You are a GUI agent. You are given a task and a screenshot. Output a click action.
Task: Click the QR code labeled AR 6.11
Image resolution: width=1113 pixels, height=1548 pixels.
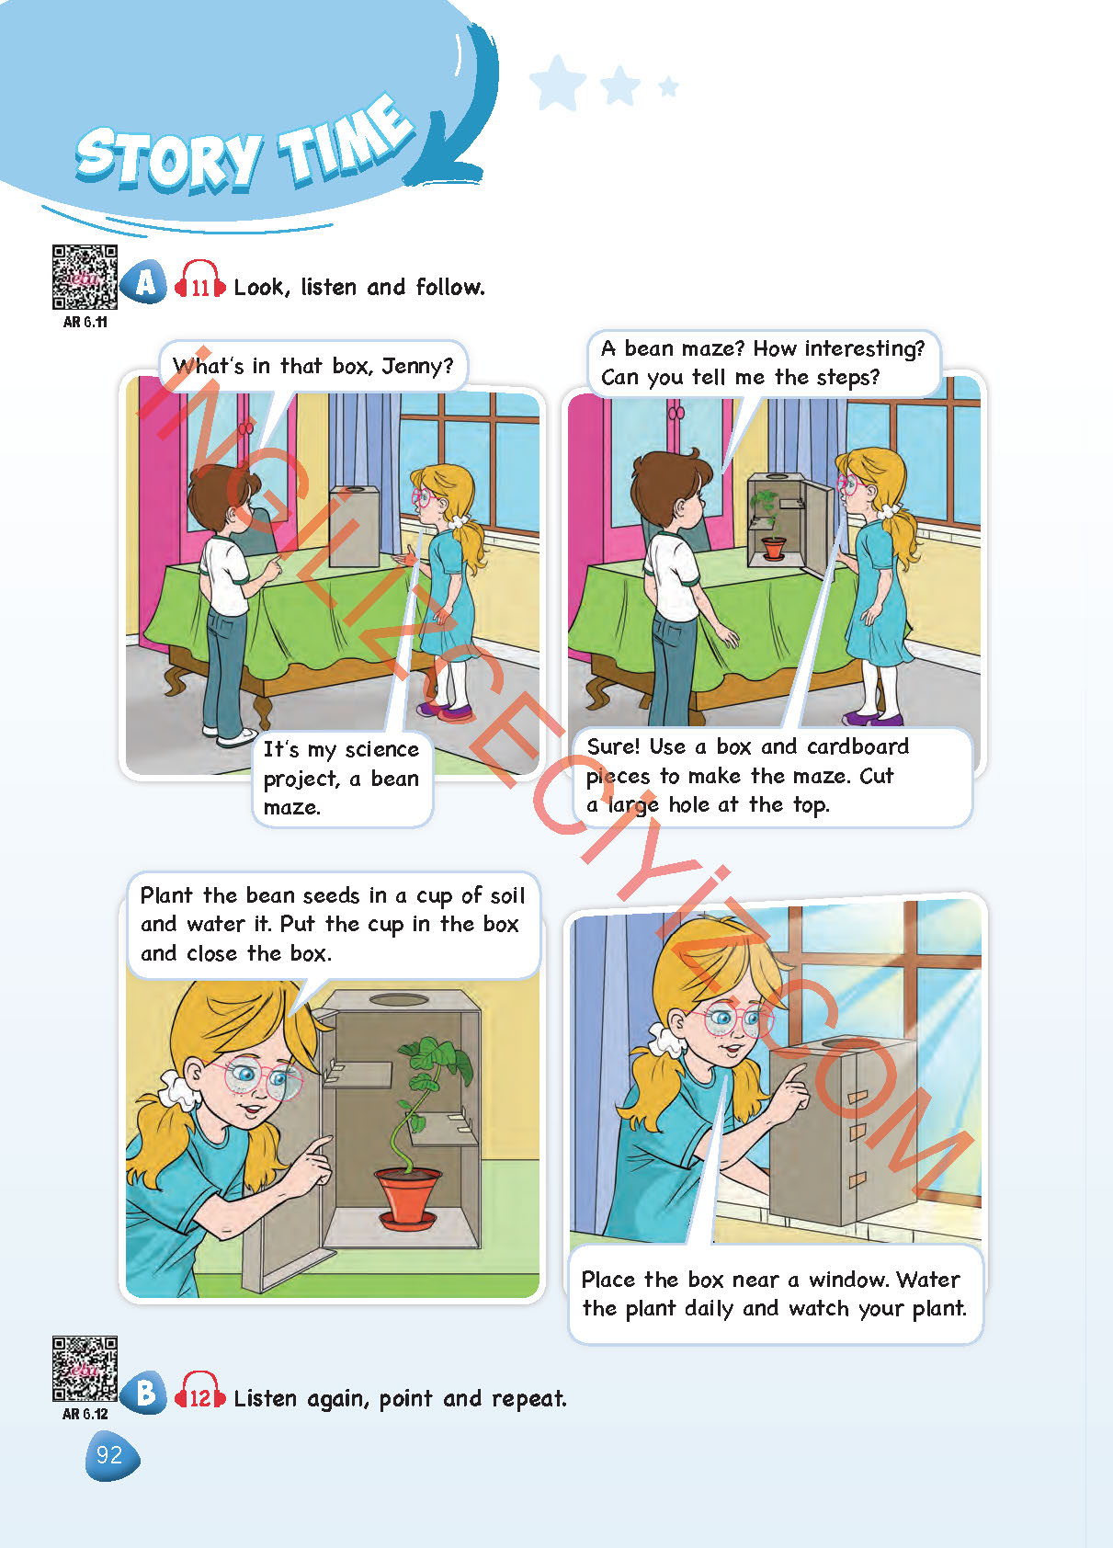[x=85, y=277]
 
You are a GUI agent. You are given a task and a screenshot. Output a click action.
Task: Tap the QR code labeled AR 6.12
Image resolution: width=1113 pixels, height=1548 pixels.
[x=85, y=1369]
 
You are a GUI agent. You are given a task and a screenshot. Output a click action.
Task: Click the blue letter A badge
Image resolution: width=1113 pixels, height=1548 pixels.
[x=144, y=282]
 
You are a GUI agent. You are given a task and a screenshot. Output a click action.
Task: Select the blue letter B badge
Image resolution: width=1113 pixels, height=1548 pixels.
[x=144, y=1394]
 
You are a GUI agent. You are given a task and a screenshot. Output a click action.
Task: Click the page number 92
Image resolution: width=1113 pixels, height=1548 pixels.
[x=110, y=1455]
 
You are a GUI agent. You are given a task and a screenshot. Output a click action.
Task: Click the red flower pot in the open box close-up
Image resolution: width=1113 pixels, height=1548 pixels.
[x=406, y=1195]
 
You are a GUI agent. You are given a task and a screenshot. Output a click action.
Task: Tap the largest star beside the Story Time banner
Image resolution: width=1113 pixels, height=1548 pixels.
[x=558, y=83]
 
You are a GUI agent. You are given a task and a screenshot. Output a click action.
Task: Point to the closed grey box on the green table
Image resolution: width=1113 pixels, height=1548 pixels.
[x=354, y=526]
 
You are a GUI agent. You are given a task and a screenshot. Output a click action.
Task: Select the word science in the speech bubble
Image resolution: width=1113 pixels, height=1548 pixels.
[x=381, y=749]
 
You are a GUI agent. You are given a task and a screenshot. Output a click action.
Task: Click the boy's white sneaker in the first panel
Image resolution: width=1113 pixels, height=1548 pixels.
[x=237, y=736]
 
